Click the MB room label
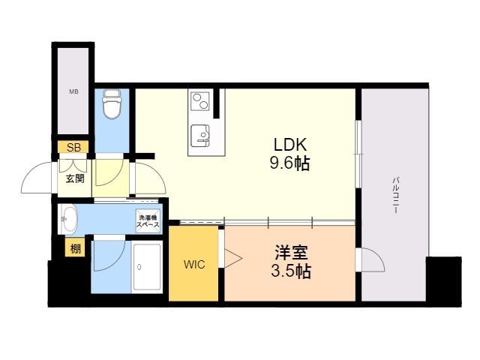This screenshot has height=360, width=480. [x=73, y=91]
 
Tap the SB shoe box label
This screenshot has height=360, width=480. [x=73, y=148]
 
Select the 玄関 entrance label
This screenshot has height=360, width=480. [x=75, y=178]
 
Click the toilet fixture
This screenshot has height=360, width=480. [x=112, y=103]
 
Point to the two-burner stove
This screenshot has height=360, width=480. [x=199, y=101]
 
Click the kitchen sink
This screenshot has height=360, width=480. [x=200, y=136]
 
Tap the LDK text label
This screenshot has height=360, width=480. [x=290, y=145]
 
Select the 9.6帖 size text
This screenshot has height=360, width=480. [x=289, y=163]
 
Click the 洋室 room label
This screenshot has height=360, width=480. [x=291, y=252]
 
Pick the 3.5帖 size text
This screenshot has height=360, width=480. [x=291, y=271]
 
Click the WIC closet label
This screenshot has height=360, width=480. [x=194, y=265]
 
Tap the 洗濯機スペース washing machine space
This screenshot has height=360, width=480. [x=148, y=221]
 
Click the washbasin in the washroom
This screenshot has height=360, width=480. [x=70, y=219]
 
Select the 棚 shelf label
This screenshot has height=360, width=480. [x=75, y=248]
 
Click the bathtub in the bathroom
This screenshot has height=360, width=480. [x=147, y=267]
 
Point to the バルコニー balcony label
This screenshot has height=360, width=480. [x=395, y=195]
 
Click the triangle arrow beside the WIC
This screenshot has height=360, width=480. [x=233, y=258]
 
